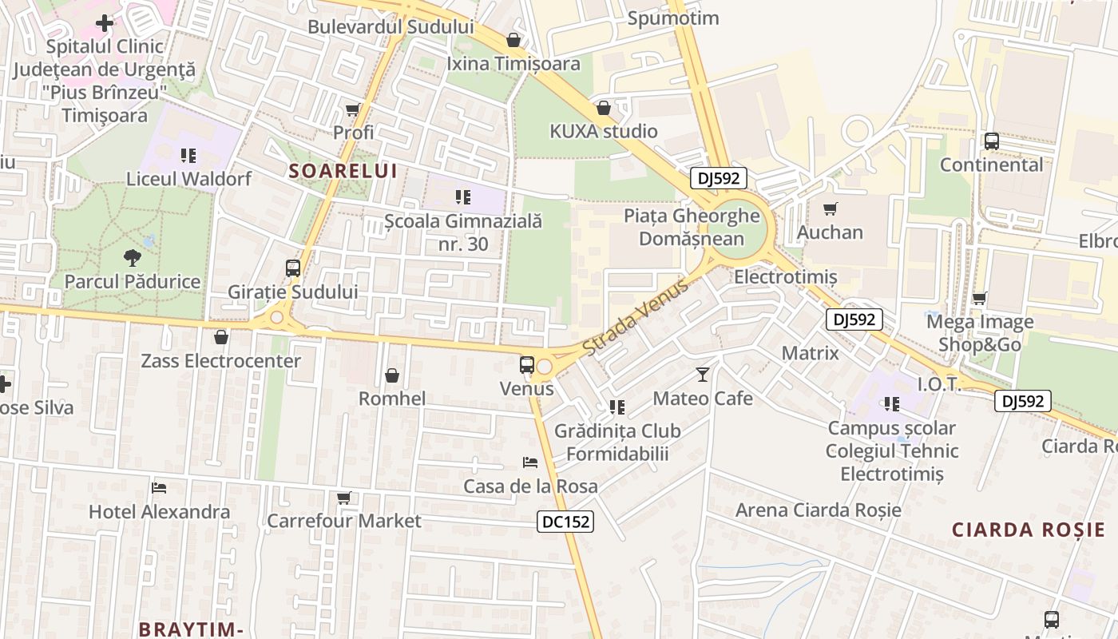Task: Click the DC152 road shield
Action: pyautogui.click(x=565, y=522)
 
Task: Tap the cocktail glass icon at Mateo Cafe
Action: pyautogui.click(x=703, y=374)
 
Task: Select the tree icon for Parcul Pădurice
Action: pyautogui.click(x=133, y=257)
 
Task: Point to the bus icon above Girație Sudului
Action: pyautogui.click(x=293, y=268)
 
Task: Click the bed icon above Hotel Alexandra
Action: pyautogui.click(x=159, y=487)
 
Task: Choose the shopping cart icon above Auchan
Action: pyautogui.click(x=831, y=209)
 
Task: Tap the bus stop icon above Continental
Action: pyautogui.click(x=992, y=141)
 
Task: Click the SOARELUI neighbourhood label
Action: pyautogui.click(x=343, y=171)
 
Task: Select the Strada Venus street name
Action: pyautogui.click(x=635, y=319)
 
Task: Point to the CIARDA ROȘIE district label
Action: pyautogui.click(x=1029, y=530)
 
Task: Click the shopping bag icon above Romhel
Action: pyautogui.click(x=392, y=375)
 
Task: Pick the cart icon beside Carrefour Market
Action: pyautogui.click(x=344, y=498)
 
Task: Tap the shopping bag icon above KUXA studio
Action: pyautogui.click(x=604, y=108)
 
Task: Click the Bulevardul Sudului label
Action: pyautogui.click(x=391, y=26)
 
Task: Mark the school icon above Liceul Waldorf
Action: pyautogui.click(x=188, y=155)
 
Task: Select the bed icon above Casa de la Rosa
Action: pyautogui.click(x=530, y=462)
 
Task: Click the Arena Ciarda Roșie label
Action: pyautogui.click(x=818, y=510)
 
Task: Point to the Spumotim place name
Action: pyautogui.click(x=673, y=18)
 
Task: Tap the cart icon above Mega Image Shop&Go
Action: pyautogui.click(x=980, y=298)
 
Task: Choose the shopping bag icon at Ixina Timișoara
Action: pyautogui.click(x=513, y=40)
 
